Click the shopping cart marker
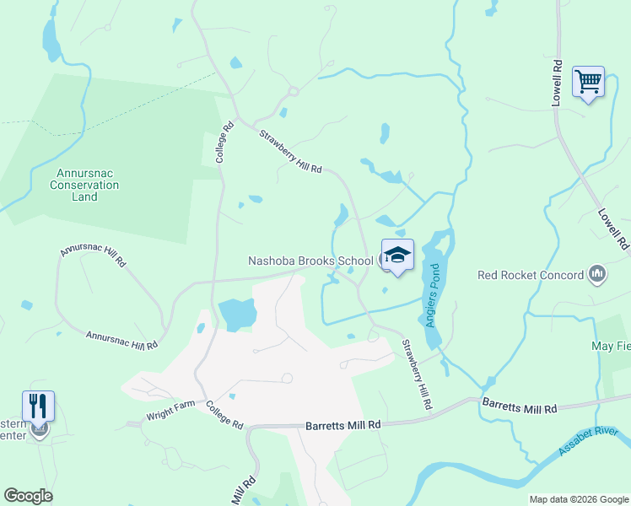(588, 83)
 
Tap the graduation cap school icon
(398, 255)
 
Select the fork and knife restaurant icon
(38, 406)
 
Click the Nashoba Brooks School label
(310, 261)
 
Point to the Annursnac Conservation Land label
(85, 185)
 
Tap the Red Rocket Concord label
(531, 275)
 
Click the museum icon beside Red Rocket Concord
(598, 273)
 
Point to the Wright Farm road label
(171, 414)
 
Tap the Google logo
(28, 496)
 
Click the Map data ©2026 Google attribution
(578, 499)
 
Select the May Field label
(612, 346)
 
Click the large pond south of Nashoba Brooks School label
(237, 315)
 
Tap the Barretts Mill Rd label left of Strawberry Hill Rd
(343, 426)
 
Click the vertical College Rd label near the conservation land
(223, 143)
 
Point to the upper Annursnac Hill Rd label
(92, 256)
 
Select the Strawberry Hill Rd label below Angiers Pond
(417, 374)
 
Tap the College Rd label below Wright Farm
(224, 413)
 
